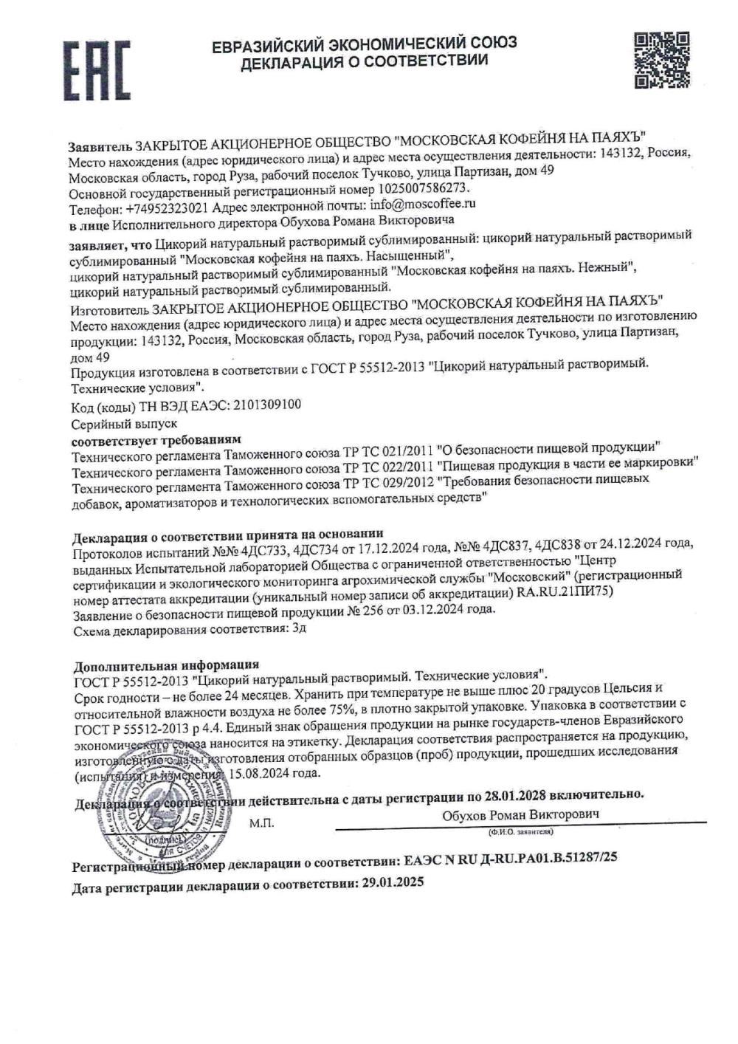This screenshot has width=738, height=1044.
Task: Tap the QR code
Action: (x=661, y=60)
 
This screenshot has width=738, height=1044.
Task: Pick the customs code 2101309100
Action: (x=266, y=405)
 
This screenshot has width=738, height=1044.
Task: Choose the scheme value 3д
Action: (x=299, y=629)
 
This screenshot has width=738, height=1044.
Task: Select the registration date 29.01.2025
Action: (x=393, y=882)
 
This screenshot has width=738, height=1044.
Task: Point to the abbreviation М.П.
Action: (x=261, y=823)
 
